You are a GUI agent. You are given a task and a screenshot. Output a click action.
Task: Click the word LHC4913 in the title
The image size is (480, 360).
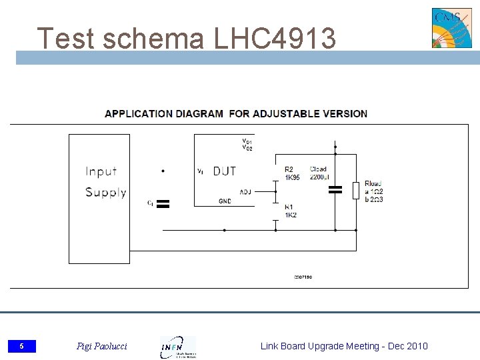(275, 39)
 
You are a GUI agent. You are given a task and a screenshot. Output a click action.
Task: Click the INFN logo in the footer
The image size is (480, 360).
(177, 347)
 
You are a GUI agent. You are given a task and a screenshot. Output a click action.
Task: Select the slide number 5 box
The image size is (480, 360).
(22, 346)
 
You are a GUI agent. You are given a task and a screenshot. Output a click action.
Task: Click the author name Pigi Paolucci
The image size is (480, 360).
(101, 346)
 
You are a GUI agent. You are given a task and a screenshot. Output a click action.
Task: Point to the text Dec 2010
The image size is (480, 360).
(408, 345)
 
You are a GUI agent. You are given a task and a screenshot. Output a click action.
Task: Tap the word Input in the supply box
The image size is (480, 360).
(101, 171)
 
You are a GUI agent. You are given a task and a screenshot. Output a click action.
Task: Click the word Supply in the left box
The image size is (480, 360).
(105, 193)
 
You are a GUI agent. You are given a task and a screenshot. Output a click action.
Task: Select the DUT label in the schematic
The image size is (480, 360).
(225, 171)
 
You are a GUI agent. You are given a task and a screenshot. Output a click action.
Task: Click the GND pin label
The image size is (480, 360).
(225, 201)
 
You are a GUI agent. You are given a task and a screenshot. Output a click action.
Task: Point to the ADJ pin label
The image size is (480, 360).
(245, 192)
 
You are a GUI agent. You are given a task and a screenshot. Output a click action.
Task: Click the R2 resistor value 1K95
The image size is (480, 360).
(292, 177)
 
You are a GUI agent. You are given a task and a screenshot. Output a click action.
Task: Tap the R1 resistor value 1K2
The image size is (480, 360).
(291, 215)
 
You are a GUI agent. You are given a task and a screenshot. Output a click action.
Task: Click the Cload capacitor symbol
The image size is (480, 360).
(335, 190)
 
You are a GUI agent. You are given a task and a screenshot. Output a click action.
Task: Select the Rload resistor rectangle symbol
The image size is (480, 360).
(356, 191)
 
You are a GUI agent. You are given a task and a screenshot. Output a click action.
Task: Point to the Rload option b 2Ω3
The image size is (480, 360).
(374, 199)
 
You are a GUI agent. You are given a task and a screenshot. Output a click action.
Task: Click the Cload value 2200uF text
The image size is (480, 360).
(318, 177)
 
